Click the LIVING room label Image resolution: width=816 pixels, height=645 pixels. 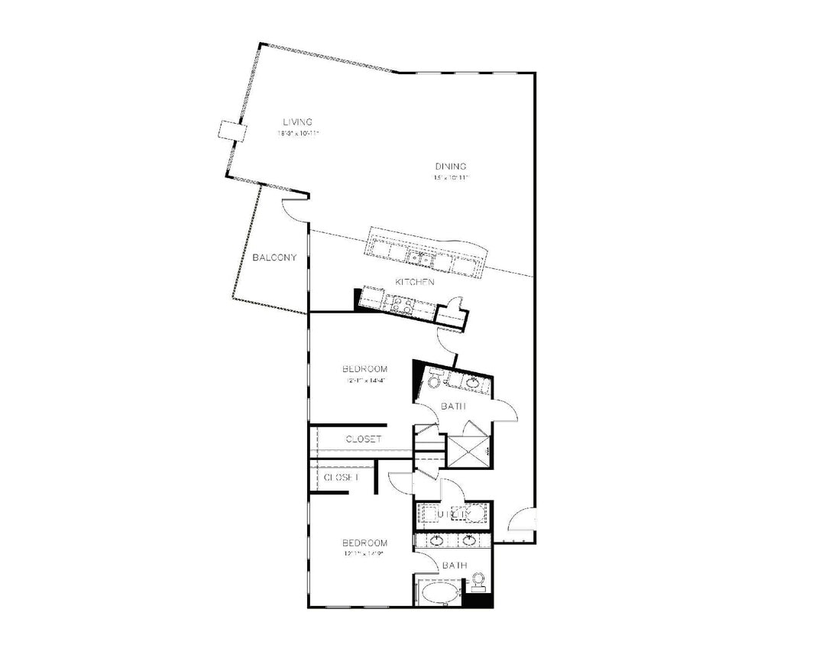[x=297, y=122]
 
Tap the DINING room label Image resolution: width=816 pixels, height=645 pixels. [x=451, y=167]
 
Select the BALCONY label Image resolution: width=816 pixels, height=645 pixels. [x=274, y=258]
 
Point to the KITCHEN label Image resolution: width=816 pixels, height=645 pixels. [x=414, y=282]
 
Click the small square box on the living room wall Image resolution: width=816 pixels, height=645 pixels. [x=230, y=131]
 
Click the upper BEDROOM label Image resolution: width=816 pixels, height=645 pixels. [x=364, y=369]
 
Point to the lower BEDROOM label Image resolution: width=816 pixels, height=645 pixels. [x=364, y=543]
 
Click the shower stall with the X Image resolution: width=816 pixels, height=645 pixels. [x=468, y=451]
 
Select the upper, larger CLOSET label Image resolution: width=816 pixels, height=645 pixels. [x=364, y=439]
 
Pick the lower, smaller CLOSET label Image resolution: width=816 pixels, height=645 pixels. [x=341, y=477]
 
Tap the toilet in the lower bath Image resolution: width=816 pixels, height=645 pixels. [x=479, y=582]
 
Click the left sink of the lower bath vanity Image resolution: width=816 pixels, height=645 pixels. [x=437, y=541]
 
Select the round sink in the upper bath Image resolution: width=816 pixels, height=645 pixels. [x=472, y=381]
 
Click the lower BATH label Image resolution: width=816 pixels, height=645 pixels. [x=453, y=566]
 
